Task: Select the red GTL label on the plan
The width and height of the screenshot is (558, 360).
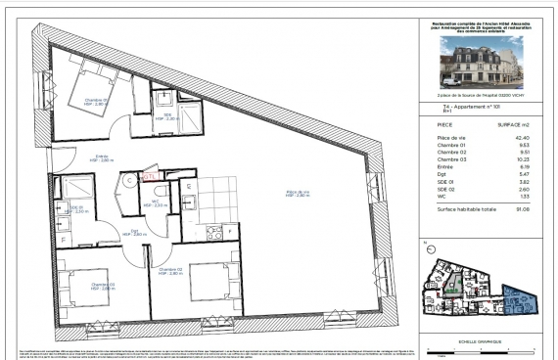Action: click(x=149, y=177)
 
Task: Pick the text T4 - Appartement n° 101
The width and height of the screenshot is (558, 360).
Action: click(x=460, y=105)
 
